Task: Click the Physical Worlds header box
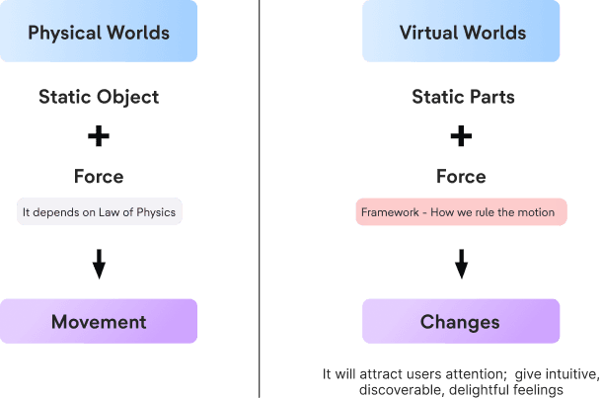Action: [99, 33]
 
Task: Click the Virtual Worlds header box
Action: [462, 33]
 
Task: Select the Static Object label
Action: [99, 98]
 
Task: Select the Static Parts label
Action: [462, 98]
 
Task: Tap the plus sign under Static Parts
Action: [461, 135]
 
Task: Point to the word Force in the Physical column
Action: [99, 177]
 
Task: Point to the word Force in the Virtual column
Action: [462, 177]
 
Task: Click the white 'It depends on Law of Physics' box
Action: [100, 211]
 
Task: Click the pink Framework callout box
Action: [462, 211]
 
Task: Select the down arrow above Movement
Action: [99, 265]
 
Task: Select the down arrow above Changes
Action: [461, 265]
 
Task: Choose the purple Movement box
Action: [99, 321]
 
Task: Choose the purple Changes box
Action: [461, 322]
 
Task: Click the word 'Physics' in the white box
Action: [157, 211]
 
